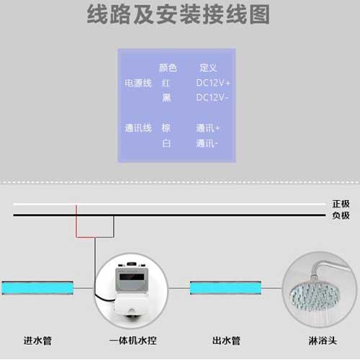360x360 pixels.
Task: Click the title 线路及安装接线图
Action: (x=178, y=15)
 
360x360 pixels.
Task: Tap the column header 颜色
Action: (x=168, y=68)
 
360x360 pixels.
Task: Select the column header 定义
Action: (x=208, y=68)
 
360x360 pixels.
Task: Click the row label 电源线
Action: (x=138, y=83)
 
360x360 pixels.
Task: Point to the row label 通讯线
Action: (x=138, y=127)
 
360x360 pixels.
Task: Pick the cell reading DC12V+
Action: (x=213, y=83)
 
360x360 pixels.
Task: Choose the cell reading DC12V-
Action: (x=212, y=97)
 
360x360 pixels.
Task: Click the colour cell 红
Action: (x=166, y=83)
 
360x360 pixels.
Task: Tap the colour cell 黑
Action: (x=166, y=98)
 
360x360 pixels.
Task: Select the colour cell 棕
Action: (x=166, y=127)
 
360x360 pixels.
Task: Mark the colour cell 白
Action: (x=166, y=143)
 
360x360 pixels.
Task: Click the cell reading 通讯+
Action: (x=208, y=127)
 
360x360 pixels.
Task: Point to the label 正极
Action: (x=341, y=204)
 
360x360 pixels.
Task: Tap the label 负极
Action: (x=341, y=215)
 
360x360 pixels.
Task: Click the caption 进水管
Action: (x=37, y=341)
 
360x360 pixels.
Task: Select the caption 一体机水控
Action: (x=133, y=341)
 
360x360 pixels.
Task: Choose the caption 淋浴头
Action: (x=323, y=341)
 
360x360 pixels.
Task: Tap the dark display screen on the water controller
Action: (x=132, y=277)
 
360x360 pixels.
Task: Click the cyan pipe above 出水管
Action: (x=225, y=288)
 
